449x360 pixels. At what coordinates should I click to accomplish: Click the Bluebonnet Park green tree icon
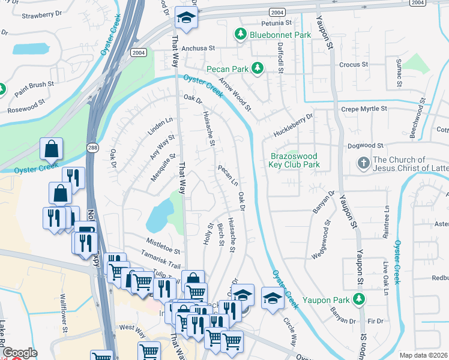[241, 34]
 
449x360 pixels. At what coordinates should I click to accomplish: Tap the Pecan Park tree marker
[258, 68]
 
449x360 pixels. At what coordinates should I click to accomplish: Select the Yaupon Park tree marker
[359, 298]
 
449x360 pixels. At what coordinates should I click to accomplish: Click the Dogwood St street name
[365, 145]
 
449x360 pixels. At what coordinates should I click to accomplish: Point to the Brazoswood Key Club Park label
[294, 160]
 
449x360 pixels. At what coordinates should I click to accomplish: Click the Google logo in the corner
[20, 353]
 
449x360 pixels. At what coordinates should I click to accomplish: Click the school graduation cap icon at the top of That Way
[186, 18]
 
